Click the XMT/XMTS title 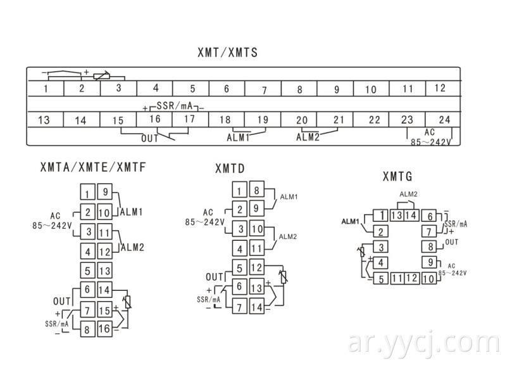tap(227, 53)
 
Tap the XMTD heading tap(230, 169)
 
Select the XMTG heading tap(397, 176)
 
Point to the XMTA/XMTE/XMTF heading tap(93, 167)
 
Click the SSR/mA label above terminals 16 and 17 tap(175, 105)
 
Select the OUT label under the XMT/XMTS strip tap(150, 138)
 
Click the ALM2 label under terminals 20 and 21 tap(308, 137)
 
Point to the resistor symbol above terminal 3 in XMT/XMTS tap(101, 77)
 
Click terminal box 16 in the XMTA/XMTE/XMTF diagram tap(104, 329)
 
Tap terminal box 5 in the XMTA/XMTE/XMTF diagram tap(87, 271)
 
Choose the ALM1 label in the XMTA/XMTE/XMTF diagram tap(132, 212)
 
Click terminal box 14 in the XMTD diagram tap(257, 307)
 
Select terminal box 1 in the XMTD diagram tap(239, 189)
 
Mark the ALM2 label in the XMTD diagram tap(287, 236)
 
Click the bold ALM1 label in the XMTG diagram tap(350, 222)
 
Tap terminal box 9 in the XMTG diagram tap(430, 262)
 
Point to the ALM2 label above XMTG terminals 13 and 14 tap(408, 194)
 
